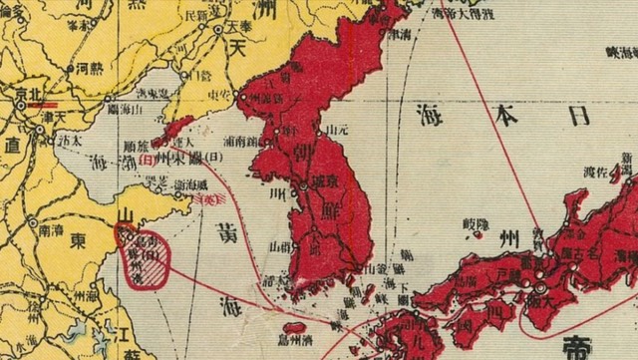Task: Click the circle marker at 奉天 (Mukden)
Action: [217, 31]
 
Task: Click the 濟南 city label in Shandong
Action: [50, 228]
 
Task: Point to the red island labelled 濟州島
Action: [295, 327]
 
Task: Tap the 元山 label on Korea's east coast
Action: [335, 131]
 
